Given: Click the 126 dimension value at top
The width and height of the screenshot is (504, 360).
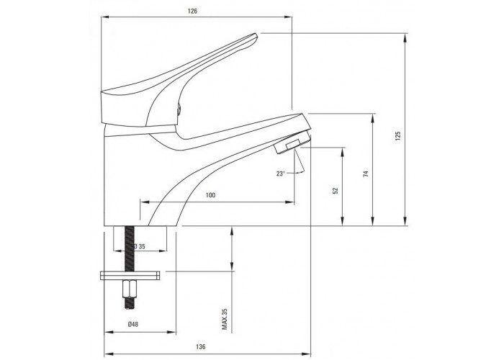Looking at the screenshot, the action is coord(192,12).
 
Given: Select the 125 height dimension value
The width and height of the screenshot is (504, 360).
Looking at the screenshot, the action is coord(399,136).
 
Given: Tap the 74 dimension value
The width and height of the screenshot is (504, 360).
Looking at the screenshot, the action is coord(366,174).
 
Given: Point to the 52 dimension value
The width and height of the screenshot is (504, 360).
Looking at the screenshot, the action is coord(336,191).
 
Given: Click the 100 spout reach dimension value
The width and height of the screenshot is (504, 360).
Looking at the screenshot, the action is coord(210,195).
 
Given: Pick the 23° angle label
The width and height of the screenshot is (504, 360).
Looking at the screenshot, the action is coord(281,174).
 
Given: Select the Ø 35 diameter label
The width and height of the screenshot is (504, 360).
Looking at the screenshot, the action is coord(139,246).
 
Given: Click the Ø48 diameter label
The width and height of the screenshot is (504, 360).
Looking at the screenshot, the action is coord(132,324).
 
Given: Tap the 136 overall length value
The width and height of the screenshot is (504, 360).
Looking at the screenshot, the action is coord(200,347).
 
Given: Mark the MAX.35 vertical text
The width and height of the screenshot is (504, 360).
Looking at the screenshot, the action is coord(225,319).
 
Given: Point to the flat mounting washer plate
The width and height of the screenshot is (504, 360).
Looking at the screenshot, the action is coord(130,276).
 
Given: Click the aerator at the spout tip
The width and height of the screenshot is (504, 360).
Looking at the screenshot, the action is coord(292,143).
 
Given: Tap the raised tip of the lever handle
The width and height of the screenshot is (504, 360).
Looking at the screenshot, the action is coord(254,37).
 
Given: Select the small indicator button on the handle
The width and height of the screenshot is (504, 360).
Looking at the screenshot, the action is coord(179,109).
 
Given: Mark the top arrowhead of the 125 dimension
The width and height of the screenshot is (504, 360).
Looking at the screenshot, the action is coord(405,37).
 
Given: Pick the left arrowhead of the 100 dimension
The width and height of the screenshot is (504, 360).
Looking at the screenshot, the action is coord(145,202).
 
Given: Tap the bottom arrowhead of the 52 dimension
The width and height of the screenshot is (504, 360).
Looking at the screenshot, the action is coord(343,221).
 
